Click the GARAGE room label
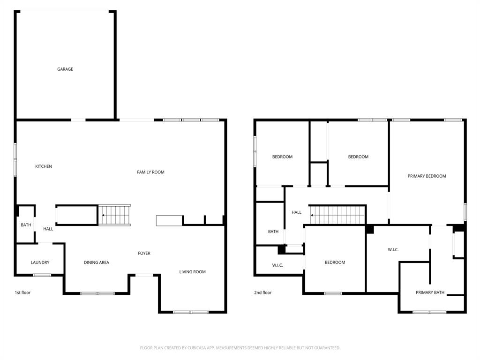(65, 69)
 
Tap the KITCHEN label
(44, 166)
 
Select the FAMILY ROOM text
(150, 172)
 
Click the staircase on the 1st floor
(115, 215)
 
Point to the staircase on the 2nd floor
(337, 215)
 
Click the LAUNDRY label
(40, 262)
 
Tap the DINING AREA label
(97, 262)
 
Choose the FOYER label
(144, 253)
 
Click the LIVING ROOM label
(192, 272)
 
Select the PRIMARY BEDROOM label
(427, 176)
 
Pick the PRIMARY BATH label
(430, 292)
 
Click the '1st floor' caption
(22, 292)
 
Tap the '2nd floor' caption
(262, 292)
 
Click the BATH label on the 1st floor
(26, 225)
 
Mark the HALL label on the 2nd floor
(296, 212)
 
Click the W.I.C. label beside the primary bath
(393, 250)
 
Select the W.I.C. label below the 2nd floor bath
(277, 265)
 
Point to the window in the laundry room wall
(42, 275)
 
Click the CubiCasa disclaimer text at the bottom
(240, 348)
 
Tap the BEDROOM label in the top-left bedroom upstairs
(282, 157)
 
